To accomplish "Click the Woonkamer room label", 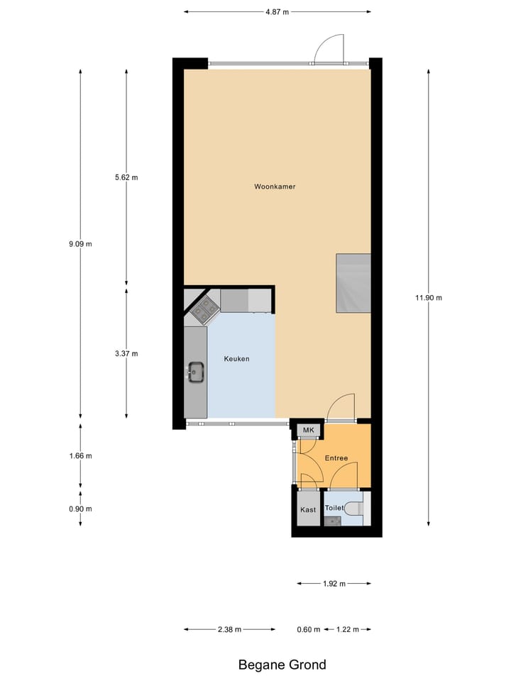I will pyautogui.click(x=275, y=187).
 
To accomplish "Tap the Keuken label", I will pyautogui.click(x=236, y=359).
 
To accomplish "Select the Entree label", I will pyautogui.click(x=336, y=458).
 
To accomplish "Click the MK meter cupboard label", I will pyautogui.click(x=308, y=431).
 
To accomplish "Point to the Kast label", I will pyautogui.click(x=307, y=509).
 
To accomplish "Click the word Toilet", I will pyautogui.click(x=334, y=508).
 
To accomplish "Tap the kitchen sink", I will pyautogui.click(x=196, y=370).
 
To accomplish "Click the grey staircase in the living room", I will pyautogui.click(x=353, y=283).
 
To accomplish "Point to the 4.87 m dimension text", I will pyautogui.click(x=277, y=11).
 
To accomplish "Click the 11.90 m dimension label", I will pyautogui.click(x=429, y=298).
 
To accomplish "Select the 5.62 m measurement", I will pyautogui.click(x=126, y=177).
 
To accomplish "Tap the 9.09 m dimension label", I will pyautogui.click(x=80, y=244).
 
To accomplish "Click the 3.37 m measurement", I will pyautogui.click(x=126, y=353).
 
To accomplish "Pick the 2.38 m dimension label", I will pyautogui.click(x=229, y=629).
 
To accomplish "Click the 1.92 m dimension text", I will pyautogui.click(x=334, y=584).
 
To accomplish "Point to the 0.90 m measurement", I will pyautogui.click(x=80, y=509).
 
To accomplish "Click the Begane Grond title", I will pyautogui.click(x=282, y=665).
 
